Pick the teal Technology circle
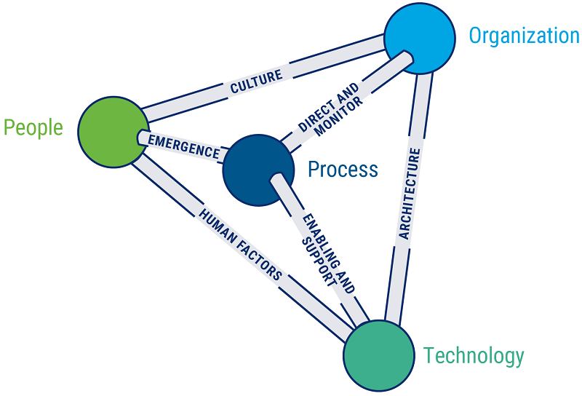[x=378, y=355]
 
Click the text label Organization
[x=524, y=36]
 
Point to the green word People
[x=33, y=128]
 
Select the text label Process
[x=343, y=170]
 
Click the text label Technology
[x=474, y=356]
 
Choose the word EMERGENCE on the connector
[x=183, y=145]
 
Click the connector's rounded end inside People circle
[x=141, y=137]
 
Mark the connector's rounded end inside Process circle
[x=277, y=178]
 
